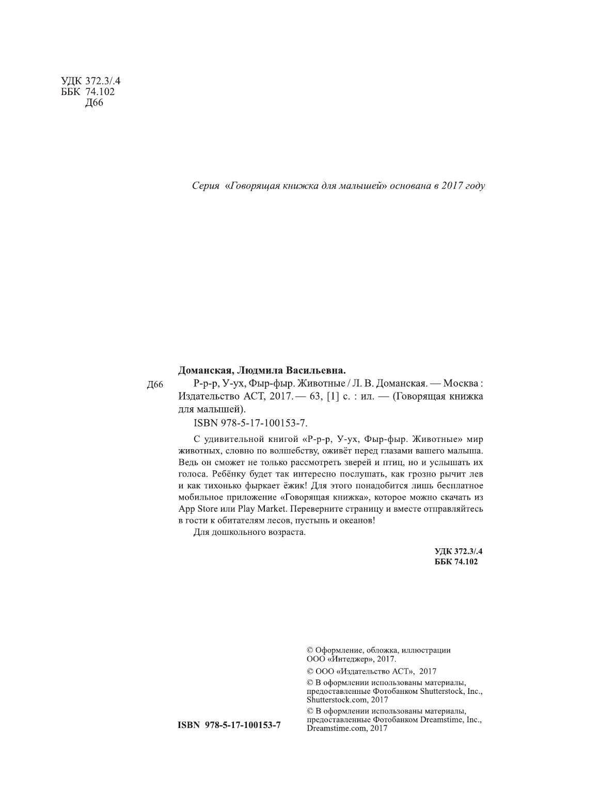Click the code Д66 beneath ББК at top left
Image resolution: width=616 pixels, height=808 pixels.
click(x=93, y=103)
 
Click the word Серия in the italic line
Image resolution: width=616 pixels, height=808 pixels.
click(x=206, y=185)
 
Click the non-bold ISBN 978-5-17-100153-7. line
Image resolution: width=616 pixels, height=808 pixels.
click(x=250, y=423)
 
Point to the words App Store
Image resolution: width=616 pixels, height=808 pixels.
click(x=196, y=509)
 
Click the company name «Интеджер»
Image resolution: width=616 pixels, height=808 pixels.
click(x=350, y=659)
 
